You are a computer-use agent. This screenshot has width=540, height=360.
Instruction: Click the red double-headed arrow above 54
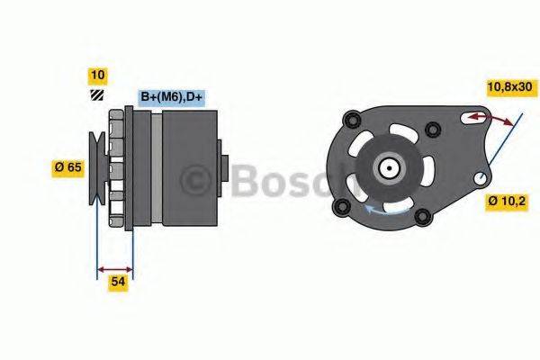tap(114, 268)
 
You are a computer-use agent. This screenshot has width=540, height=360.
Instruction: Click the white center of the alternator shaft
tap(390, 167)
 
